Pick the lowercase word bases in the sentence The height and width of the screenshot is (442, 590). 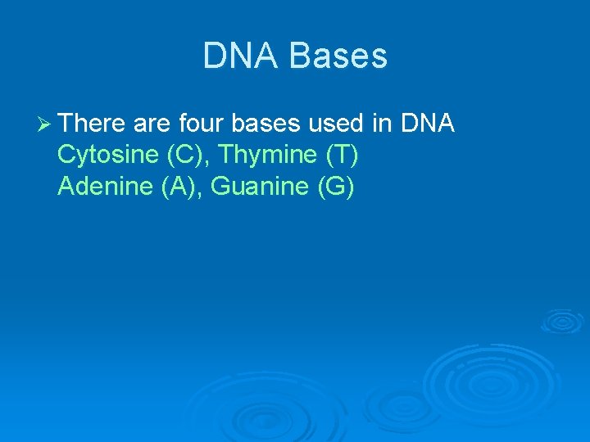[267, 124]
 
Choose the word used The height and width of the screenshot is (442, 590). [337, 124]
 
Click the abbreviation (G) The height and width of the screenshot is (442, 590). [335, 187]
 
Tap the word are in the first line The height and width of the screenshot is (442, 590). [147, 124]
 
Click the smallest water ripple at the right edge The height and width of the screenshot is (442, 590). [562, 320]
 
